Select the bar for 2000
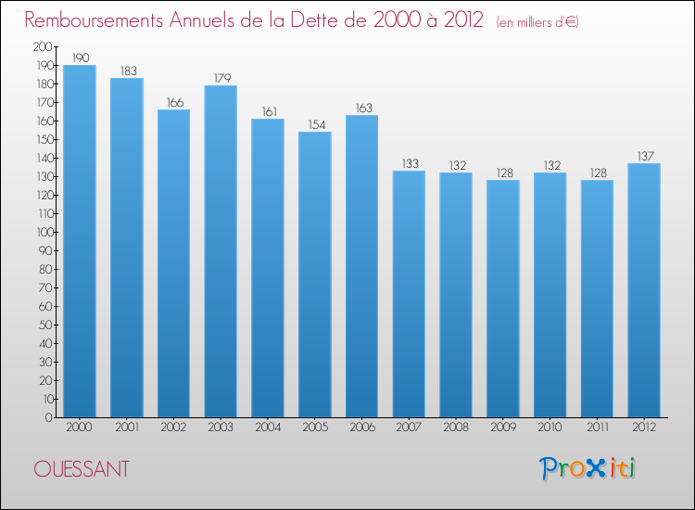tap(80, 241)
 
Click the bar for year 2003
tap(221, 251)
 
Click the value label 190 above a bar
tap(80, 57)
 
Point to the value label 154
tap(315, 124)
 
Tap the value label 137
tap(644, 156)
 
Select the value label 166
tap(174, 102)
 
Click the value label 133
tap(409, 163)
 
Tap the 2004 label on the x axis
tap(268, 428)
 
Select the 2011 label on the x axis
tap(597, 428)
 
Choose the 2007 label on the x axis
tap(409, 428)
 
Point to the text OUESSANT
tap(82, 469)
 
